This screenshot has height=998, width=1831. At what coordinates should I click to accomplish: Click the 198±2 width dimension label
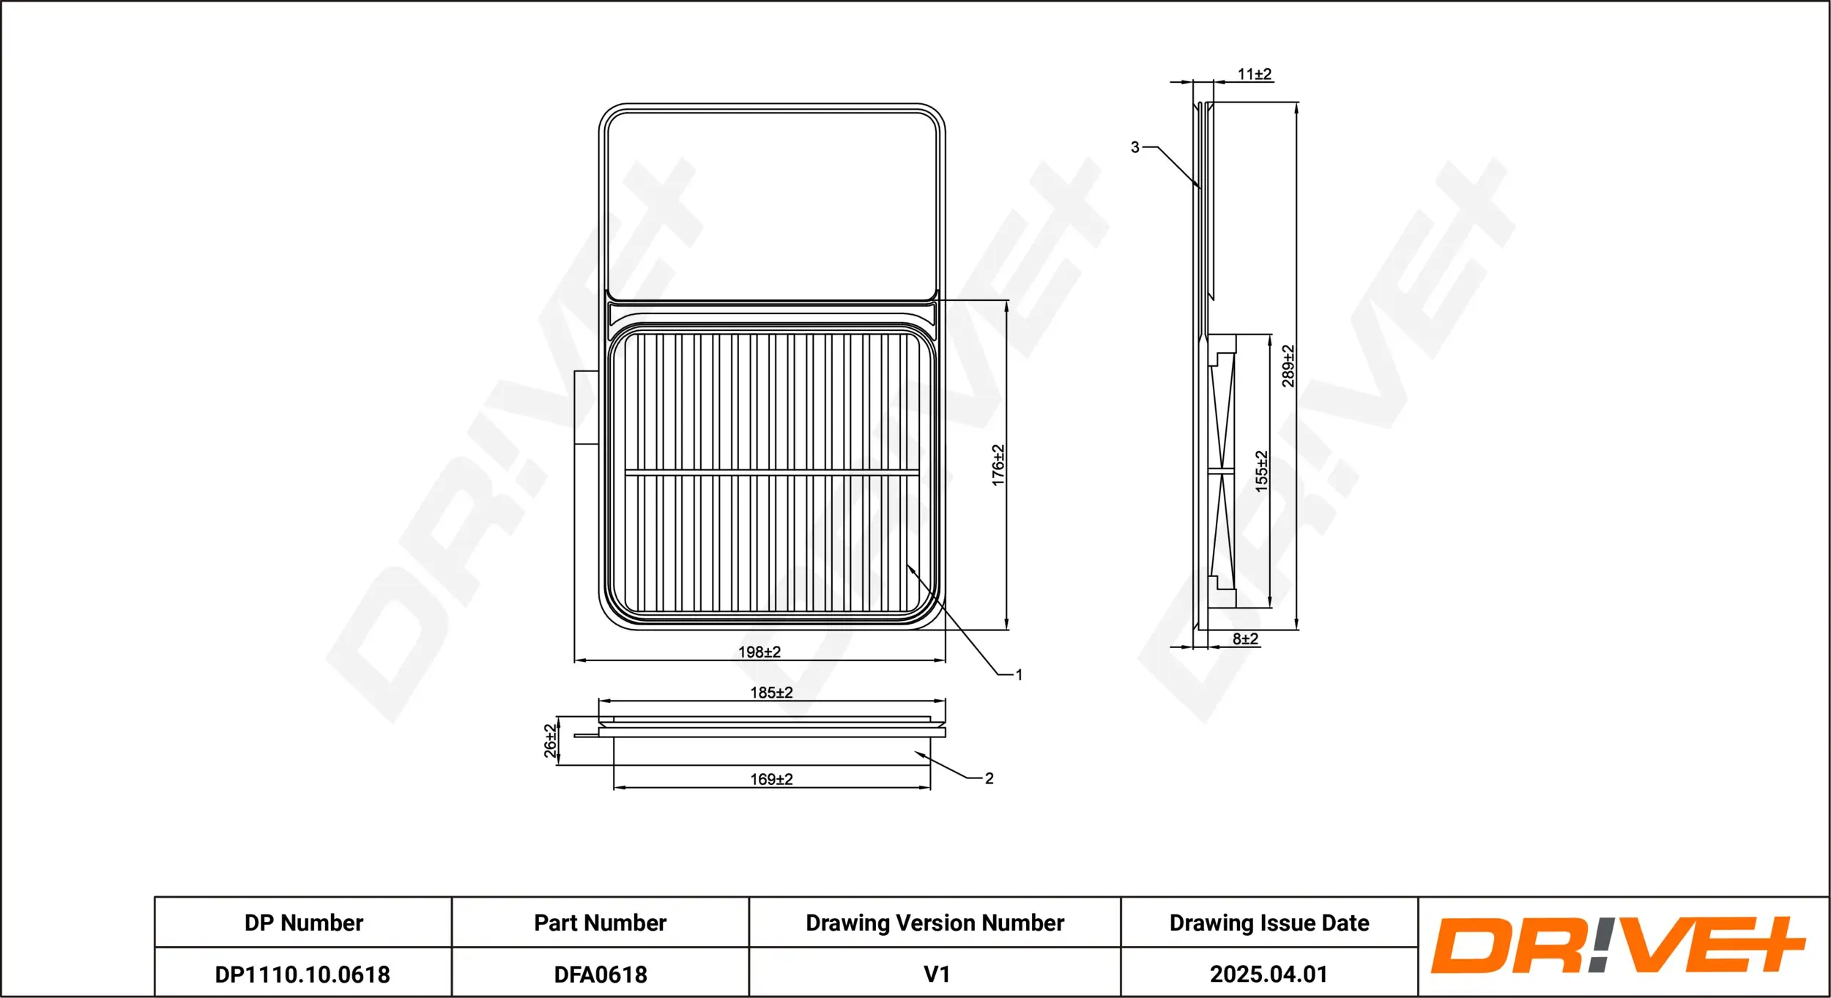tap(759, 652)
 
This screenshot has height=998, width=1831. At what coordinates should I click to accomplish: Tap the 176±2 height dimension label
tap(998, 465)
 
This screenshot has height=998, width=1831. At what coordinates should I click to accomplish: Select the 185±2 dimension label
tap(771, 692)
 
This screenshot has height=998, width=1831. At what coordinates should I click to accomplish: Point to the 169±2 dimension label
tap(771, 779)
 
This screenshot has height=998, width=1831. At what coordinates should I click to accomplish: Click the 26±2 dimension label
tap(550, 740)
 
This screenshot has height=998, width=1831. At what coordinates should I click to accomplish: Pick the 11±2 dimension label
tap(1255, 74)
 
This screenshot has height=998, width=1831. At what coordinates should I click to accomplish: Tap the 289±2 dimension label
tap(1288, 366)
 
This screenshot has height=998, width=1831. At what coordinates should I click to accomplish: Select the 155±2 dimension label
tap(1260, 471)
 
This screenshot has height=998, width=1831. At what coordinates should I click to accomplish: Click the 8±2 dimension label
tap(1245, 638)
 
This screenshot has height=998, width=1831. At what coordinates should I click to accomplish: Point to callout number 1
tap(1019, 674)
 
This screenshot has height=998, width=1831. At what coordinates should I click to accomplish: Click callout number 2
tap(989, 778)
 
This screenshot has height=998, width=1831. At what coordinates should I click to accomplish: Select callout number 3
tap(1135, 147)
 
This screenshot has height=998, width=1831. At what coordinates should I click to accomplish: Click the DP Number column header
tap(303, 923)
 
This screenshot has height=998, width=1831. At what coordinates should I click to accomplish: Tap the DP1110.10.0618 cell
tap(302, 975)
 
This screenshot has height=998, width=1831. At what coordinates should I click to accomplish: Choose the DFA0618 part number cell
tap(601, 975)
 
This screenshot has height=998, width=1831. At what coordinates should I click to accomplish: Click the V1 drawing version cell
tap(936, 975)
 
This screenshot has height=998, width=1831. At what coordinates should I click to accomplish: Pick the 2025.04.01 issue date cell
tap(1269, 975)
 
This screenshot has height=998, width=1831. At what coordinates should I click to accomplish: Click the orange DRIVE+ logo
tap(1619, 945)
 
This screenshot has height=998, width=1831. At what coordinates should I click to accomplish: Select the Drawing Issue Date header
tap(1269, 923)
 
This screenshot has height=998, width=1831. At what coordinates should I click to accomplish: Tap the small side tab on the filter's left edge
tap(586, 407)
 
